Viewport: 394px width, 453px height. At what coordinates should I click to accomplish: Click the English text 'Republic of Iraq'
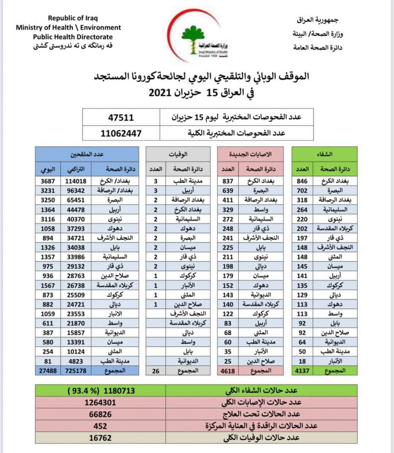click(73, 18)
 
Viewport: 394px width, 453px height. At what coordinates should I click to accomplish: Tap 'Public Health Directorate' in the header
click(73, 37)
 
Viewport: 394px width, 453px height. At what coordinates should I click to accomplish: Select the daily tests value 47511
click(121, 117)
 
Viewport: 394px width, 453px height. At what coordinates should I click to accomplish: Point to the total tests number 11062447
click(121, 133)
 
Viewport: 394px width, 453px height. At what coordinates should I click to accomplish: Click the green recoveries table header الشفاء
click(324, 154)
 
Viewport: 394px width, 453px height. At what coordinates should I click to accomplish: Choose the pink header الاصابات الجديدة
click(250, 154)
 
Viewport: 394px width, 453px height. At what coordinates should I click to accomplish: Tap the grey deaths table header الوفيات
click(178, 154)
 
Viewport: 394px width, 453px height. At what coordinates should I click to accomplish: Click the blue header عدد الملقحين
click(87, 154)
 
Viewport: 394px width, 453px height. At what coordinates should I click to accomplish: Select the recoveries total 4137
click(302, 371)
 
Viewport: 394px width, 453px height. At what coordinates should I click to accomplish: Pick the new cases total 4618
click(228, 371)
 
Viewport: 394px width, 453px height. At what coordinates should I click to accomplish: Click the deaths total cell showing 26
click(156, 371)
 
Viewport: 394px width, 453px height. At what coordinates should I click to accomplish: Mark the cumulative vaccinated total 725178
click(76, 371)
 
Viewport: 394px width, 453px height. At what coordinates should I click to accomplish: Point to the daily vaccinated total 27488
click(48, 371)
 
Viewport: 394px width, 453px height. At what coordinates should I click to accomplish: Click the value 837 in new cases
click(228, 181)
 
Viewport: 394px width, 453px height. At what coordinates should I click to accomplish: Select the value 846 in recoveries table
click(302, 181)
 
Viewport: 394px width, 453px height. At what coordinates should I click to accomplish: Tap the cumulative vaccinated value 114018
click(76, 181)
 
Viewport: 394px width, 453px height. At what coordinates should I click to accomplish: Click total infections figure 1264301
click(100, 403)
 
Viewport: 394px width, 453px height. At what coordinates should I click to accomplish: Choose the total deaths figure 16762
click(100, 438)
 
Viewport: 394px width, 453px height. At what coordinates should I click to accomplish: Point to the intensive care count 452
click(100, 426)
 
